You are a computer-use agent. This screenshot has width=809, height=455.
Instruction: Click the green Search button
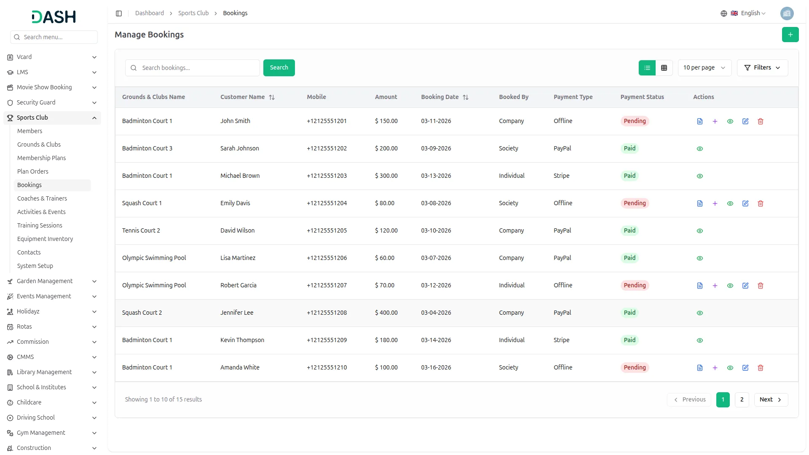point(279,68)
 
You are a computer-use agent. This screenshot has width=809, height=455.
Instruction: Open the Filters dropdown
point(762,68)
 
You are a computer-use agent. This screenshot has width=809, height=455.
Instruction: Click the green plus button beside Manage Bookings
point(790,35)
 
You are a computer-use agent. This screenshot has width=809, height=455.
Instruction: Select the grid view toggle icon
point(664,68)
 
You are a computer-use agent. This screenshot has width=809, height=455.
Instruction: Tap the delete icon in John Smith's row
point(761,121)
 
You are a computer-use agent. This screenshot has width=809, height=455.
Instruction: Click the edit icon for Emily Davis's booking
point(745,203)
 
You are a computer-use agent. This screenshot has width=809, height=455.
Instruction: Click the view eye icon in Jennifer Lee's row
point(700,313)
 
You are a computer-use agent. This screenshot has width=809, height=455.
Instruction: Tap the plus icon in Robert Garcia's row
point(715,286)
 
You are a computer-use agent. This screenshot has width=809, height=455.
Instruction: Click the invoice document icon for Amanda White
point(700,368)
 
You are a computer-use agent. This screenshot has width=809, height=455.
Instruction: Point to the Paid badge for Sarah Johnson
point(630,148)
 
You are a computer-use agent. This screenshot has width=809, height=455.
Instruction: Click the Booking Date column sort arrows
point(466,97)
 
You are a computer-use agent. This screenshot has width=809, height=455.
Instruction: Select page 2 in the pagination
point(742,399)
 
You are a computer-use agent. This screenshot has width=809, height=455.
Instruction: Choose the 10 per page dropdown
point(705,68)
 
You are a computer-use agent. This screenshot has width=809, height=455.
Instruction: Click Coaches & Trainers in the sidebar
point(42,198)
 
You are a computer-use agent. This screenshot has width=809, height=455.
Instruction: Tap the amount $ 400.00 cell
point(386,313)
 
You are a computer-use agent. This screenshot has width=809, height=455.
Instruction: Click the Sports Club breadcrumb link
point(193,13)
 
